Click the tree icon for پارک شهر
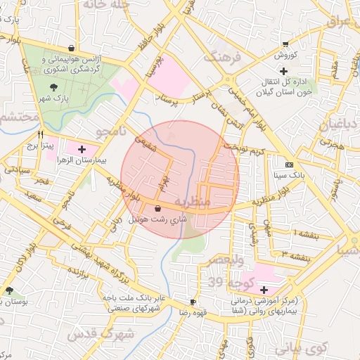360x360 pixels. tap(54, 87)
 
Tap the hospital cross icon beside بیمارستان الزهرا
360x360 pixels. tap(82, 149)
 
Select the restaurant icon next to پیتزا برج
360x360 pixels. tap(41, 134)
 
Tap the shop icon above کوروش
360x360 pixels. tap(285, 43)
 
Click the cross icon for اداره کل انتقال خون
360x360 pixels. tap(283, 71)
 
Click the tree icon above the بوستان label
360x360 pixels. tap(9, 290)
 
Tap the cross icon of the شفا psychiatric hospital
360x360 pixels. tap(264, 290)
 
